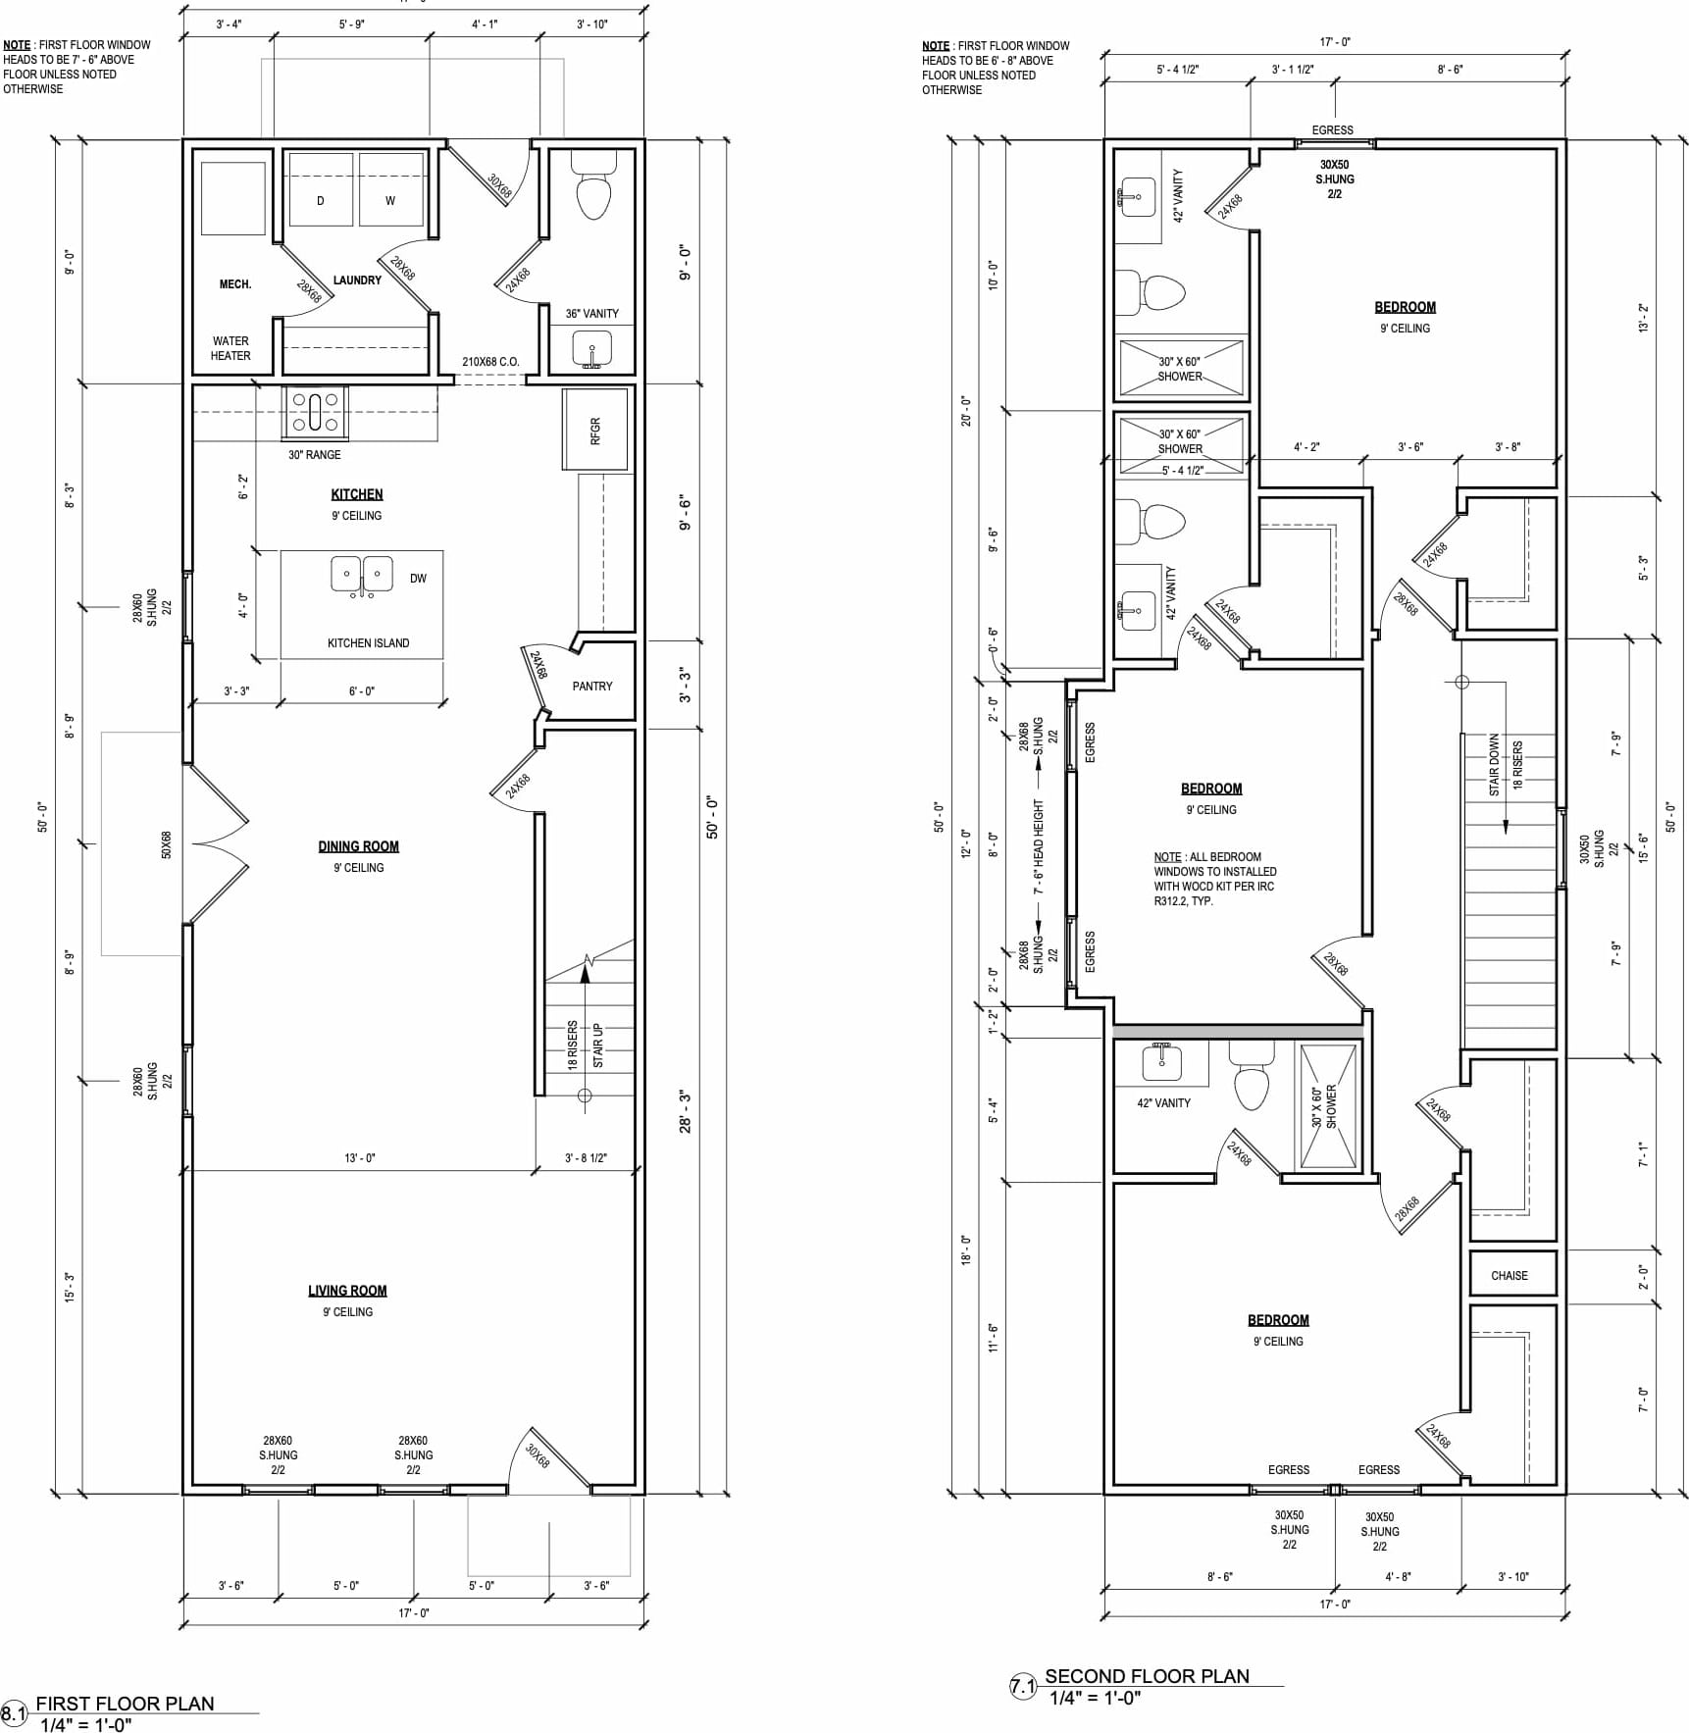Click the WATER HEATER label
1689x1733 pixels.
click(230, 348)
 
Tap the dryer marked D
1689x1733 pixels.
click(321, 189)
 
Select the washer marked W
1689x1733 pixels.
click(391, 189)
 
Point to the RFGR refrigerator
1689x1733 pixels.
click(594, 430)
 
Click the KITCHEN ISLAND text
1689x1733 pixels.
click(369, 643)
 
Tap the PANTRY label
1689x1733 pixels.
click(592, 687)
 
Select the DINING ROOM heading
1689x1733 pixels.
click(359, 846)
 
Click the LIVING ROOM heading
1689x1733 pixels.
click(347, 1291)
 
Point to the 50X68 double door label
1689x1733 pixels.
click(167, 845)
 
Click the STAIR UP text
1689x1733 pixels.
click(598, 1045)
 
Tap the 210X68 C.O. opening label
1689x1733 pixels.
click(490, 362)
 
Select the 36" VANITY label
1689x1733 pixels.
click(592, 314)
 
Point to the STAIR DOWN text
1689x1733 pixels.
click(1495, 765)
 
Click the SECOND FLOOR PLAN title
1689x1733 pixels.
click(1148, 1676)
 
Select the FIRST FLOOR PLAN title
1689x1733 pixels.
click(125, 1704)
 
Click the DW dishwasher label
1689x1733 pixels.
click(419, 579)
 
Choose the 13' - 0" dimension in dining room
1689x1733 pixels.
click(360, 1158)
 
